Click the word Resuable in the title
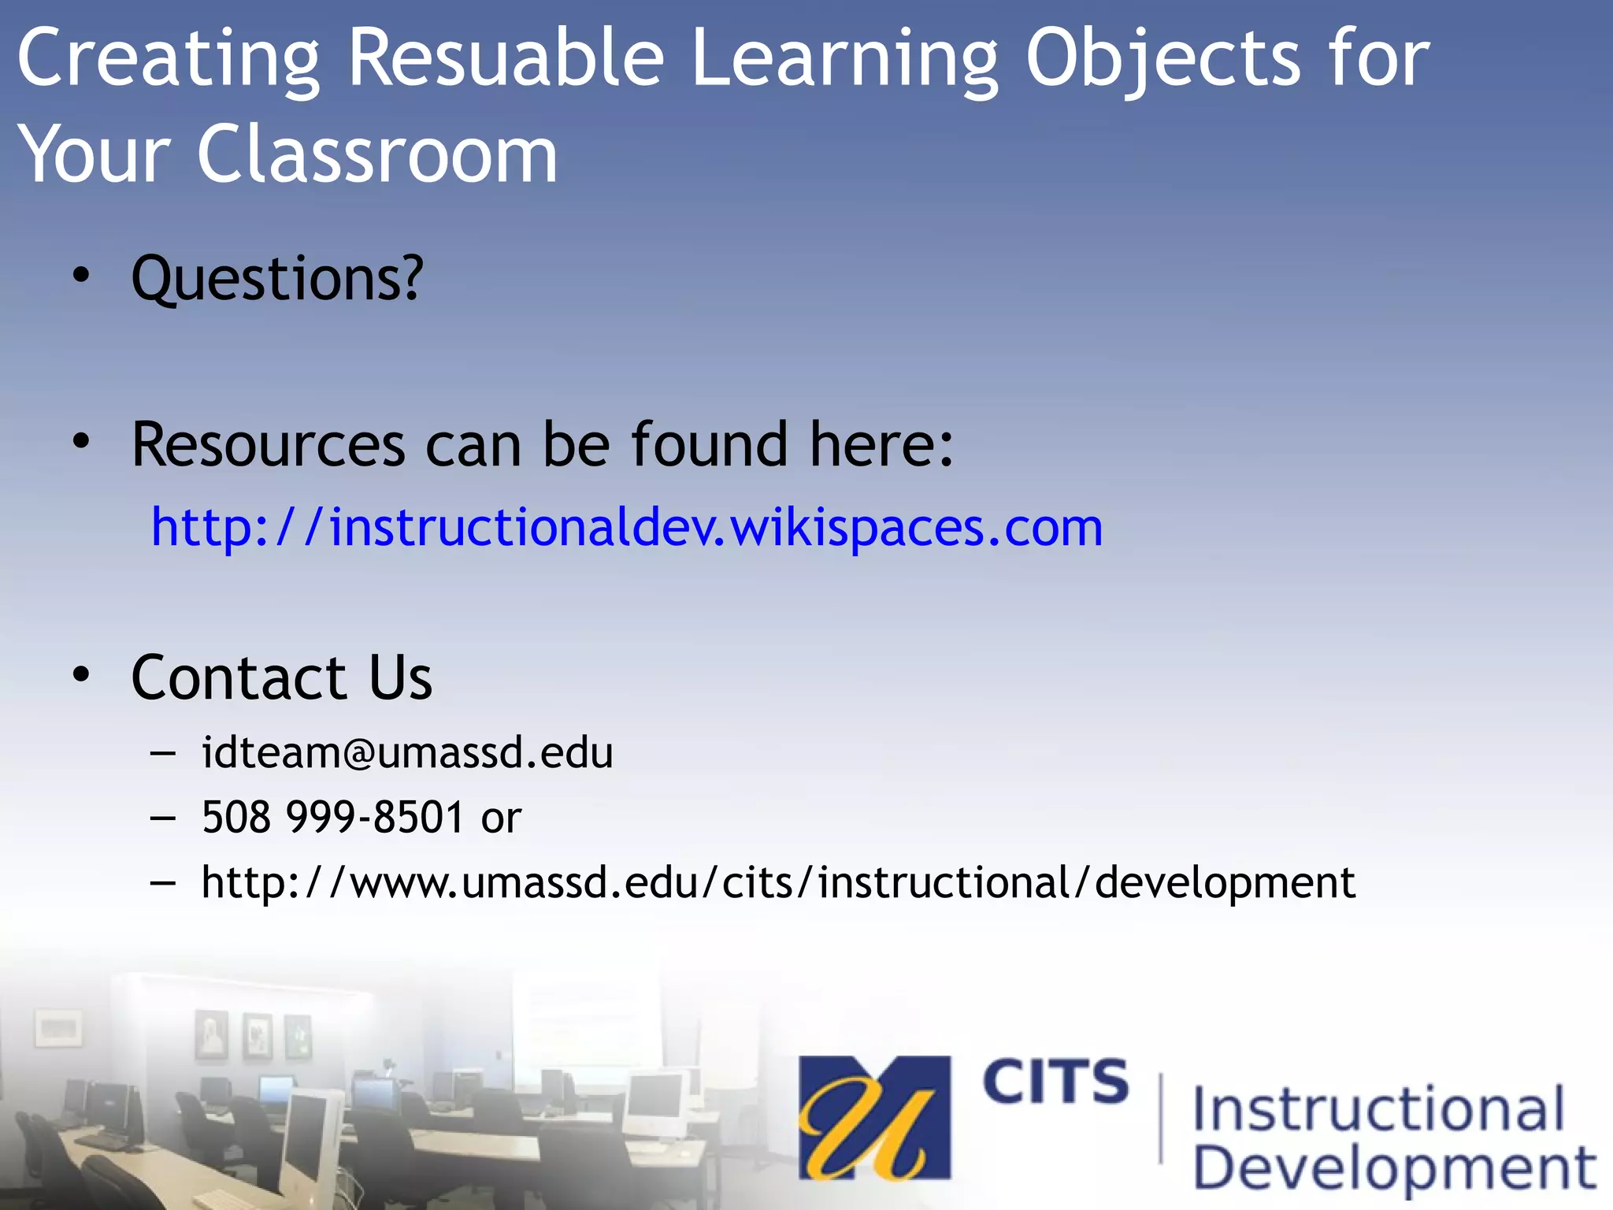point(506,58)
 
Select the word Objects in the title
point(1163,58)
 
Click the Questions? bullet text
point(277,279)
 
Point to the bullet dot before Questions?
point(81,276)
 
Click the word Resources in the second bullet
point(269,445)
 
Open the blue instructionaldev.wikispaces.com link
point(627,527)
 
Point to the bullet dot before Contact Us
point(81,674)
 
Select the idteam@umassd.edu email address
point(407,752)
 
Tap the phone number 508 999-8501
point(332,817)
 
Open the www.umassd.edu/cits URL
point(778,882)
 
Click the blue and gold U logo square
point(874,1118)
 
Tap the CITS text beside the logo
point(1055,1082)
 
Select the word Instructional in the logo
point(1378,1109)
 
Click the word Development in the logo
point(1394,1168)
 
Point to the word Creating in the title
point(169,58)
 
